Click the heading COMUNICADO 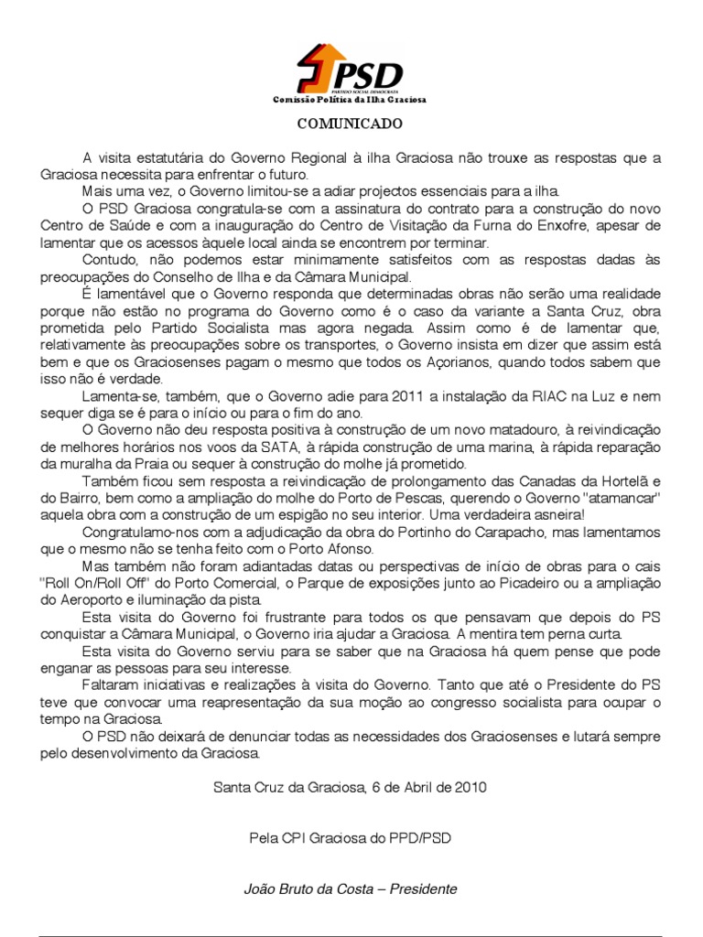(351, 123)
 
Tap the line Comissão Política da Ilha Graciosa (351, 100)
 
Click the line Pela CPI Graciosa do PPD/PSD (351, 836)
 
